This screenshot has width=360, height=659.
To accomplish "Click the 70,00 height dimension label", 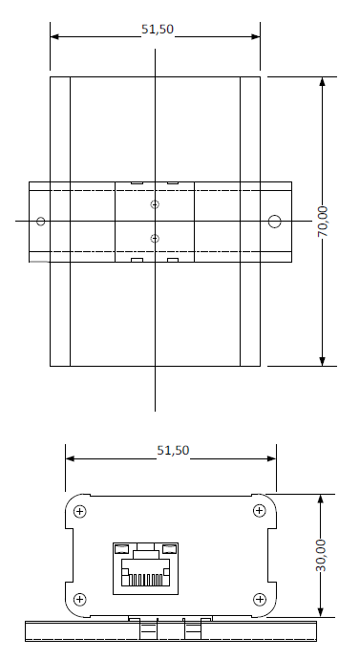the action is (322, 222).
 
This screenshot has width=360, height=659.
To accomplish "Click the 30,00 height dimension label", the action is (321, 556).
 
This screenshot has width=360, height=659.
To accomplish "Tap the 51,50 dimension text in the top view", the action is (158, 29).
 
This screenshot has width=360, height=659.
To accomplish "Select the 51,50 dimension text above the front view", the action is (173, 451).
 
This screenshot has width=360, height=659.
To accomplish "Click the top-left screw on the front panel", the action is (80, 512).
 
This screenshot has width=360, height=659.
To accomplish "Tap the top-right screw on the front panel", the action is (260, 511).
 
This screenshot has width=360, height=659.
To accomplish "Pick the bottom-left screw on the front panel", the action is (80, 600).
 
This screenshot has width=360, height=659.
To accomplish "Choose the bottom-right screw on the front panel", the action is (260, 600).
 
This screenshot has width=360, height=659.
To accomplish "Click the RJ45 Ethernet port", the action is (145, 568).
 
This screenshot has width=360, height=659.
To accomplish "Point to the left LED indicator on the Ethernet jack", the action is (121, 548).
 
